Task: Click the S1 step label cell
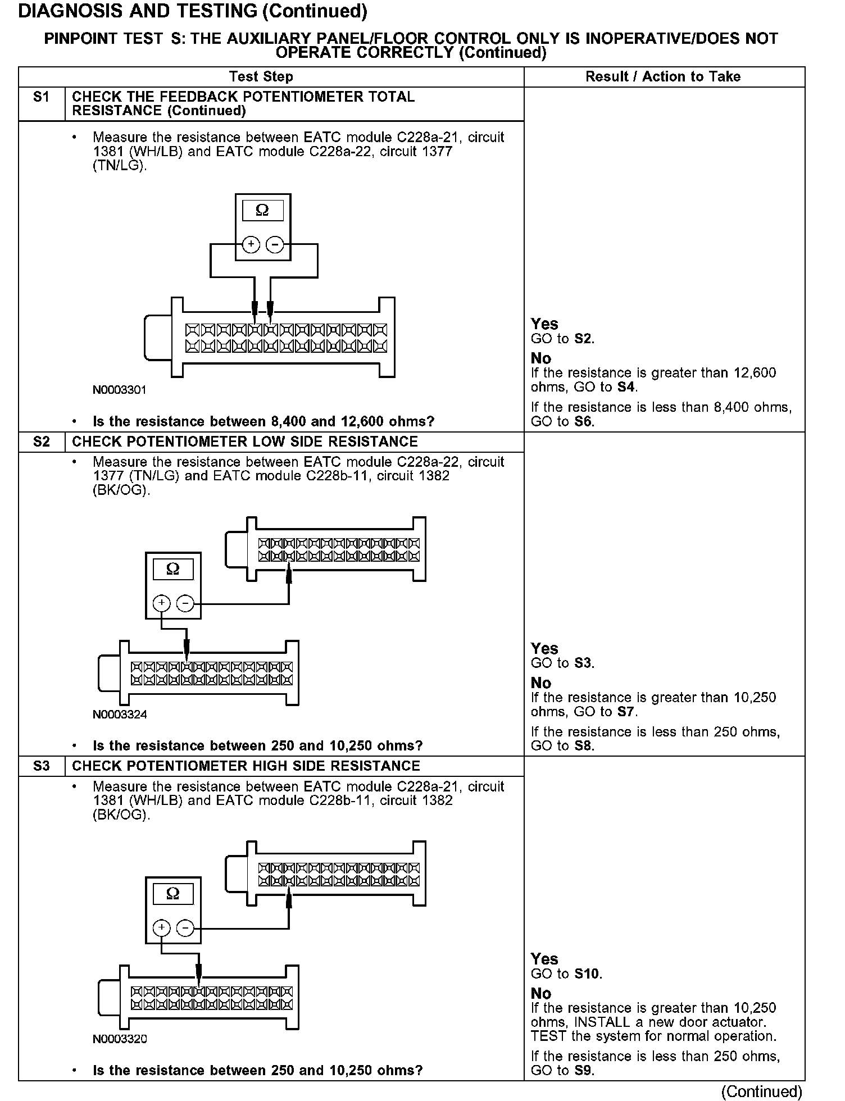42,97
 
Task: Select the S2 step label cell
42,442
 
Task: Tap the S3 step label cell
42,766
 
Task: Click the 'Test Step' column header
261,77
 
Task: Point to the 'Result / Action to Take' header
663,77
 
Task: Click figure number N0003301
120,390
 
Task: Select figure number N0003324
120,715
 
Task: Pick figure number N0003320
120,1039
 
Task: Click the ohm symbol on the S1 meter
262,211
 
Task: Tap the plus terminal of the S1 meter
251,245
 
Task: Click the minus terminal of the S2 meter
185,604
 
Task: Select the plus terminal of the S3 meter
161,927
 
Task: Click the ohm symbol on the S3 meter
173,894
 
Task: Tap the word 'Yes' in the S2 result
544,649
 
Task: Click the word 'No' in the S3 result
541,993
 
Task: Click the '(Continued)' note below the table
762,1091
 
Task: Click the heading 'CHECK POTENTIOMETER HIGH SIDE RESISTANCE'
246,766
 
